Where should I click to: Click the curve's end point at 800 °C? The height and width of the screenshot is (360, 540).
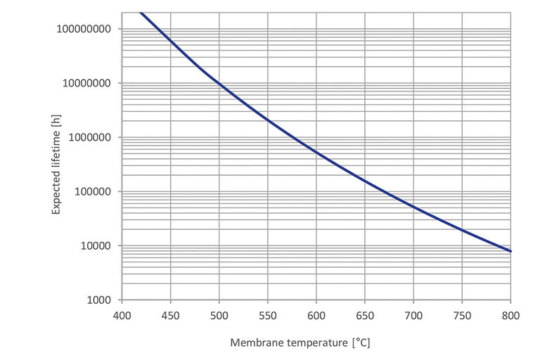[510, 251]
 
